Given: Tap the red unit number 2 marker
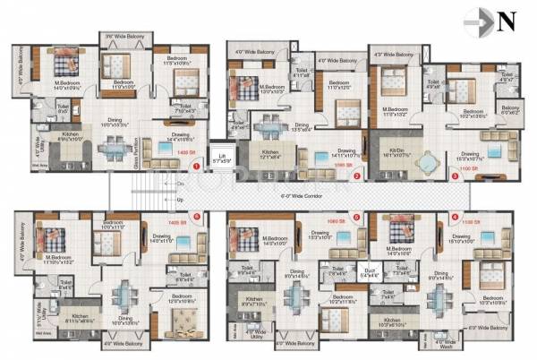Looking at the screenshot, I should (x=356, y=176).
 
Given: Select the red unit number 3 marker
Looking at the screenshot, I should (x=456, y=176).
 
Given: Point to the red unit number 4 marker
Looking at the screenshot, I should (x=455, y=216).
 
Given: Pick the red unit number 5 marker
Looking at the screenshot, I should (x=356, y=216).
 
